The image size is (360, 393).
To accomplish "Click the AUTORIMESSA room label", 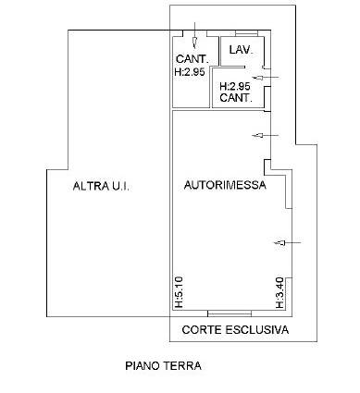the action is coord(225,185).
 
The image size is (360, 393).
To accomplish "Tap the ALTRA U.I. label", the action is coord(101,186).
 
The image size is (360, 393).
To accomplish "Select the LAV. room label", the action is coord(241,50).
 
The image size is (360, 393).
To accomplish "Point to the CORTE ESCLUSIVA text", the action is coord(235,329).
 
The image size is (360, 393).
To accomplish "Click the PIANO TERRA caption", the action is coord(163,366).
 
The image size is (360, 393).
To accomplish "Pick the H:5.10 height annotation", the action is coord(179,292).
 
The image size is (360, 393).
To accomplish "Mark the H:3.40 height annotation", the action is coord(279,293).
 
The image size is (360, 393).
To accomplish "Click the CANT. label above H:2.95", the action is coord(192,58).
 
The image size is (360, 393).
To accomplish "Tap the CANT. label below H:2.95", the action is coord(236,98).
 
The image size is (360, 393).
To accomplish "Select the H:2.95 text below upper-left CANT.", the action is coord(190,72).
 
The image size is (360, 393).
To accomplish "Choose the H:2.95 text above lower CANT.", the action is coord(235,86).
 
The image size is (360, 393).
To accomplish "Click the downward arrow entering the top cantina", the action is coord(194,35).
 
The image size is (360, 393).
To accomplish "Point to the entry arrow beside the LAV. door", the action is coord(266,78).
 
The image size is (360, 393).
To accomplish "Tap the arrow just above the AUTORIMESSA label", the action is coord(266,135).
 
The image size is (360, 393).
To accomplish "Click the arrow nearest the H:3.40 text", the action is coord(288,243).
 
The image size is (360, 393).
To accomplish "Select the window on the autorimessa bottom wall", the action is coord(230,313).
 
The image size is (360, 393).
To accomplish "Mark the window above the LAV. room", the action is coord(246,33).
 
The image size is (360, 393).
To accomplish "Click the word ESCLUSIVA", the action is coord(257,329).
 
